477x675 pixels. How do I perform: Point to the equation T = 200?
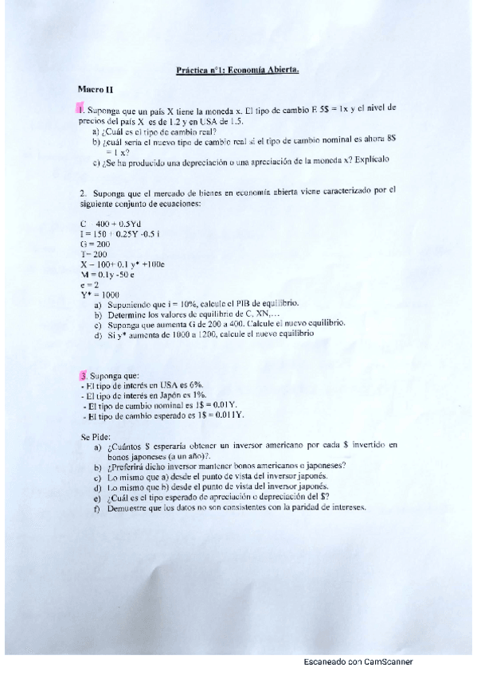tap(93, 253)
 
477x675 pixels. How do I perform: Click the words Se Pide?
tap(96, 436)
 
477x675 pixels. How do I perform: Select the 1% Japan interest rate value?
tap(202, 395)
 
